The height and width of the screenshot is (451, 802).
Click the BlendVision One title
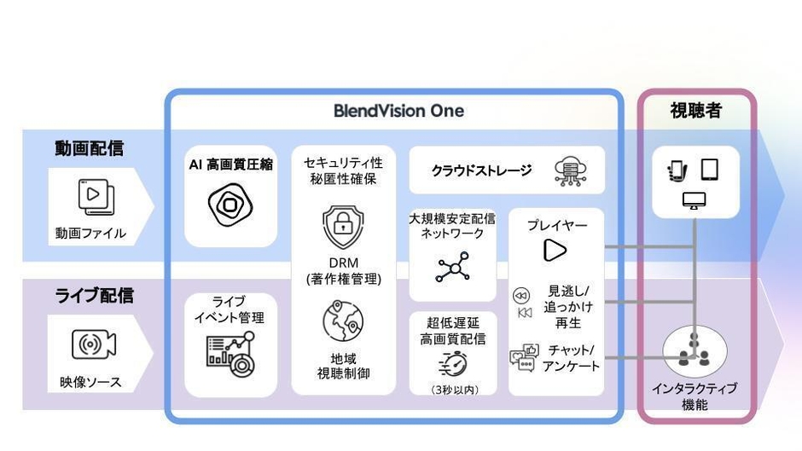(x=398, y=111)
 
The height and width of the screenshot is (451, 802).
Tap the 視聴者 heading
(x=696, y=112)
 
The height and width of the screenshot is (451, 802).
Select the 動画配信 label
(x=90, y=147)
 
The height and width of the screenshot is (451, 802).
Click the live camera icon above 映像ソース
(x=93, y=344)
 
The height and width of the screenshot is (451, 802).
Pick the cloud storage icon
(x=568, y=171)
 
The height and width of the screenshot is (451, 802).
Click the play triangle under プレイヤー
(x=555, y=249)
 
